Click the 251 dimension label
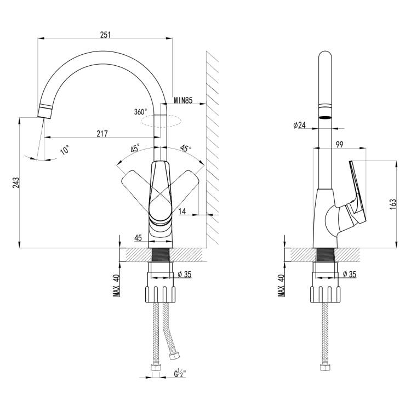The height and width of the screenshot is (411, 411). click(x=105, y=35)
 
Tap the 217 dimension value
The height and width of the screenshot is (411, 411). click(x=102, y=134)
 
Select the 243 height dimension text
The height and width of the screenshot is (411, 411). click(x=16, y=182)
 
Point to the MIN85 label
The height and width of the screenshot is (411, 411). click(x=183, y=100)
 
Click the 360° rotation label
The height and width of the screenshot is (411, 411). click(x=141, y=112)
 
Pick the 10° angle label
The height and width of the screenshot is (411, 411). click(x=65, y=150)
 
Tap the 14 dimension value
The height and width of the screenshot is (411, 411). click(x=182, y=211)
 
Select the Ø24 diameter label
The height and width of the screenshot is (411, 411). click(x=300, y=125)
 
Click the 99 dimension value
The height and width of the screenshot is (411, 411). click(x=339, y=144)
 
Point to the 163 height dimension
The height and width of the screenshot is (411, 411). click(x=393, y=204)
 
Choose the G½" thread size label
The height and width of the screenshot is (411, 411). click(x=180, y=373)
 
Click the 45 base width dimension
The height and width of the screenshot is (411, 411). click(x=138, y=238)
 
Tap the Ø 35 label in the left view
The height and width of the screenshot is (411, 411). click(x=185, y=274)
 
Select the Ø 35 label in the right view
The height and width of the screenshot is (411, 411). click(x=350, y=274)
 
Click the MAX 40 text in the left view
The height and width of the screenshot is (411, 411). click(x=116, y=286)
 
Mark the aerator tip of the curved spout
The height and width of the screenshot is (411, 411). click(x=44, y=111)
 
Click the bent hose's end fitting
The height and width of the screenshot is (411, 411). click(x=174, y=356)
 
